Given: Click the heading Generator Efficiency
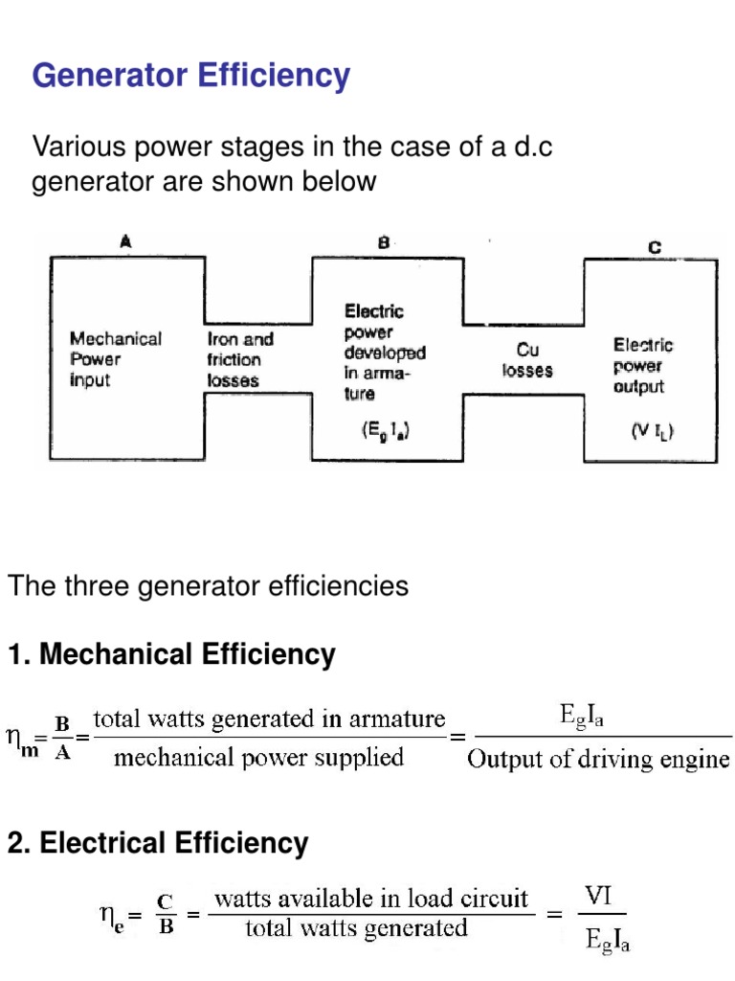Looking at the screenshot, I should point(191,75).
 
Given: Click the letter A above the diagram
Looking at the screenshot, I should point(125,244).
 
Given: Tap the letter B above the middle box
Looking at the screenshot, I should point(383,244).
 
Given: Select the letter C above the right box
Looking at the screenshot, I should point(654,247).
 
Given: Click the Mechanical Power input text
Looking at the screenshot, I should point(116,359).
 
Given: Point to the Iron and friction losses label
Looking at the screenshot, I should point(240,359).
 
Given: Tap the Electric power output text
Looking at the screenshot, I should point(643,366).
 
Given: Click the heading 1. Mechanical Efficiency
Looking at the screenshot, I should point(171,655).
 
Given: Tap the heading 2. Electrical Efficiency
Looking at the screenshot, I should point(158,843).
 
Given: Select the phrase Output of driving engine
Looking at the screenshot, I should point(599,760).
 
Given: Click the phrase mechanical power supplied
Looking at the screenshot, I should point(258,758).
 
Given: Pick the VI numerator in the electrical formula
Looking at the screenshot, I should point(599,897).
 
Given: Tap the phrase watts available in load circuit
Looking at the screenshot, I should point(371,899).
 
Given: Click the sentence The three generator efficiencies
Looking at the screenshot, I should point(209,585).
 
